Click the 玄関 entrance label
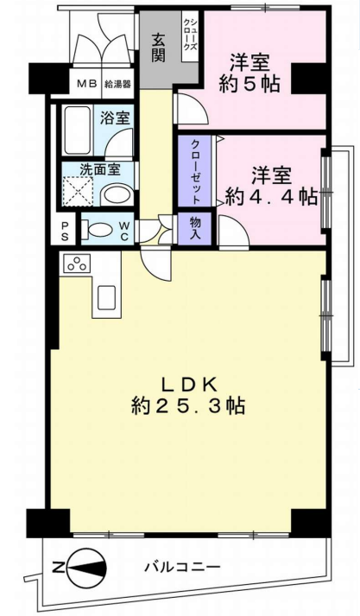pos(158,48)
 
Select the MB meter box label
pos(86,83)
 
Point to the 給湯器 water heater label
pos(117,83)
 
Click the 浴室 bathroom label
pos(115,117)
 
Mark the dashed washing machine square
pos(79,191)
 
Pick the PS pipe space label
pos(64,232)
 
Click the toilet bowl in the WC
pos(97,229)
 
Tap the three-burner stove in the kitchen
pos(77,264)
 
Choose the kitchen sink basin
pos(106,298)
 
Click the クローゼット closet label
pos(195,171)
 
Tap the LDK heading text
pos(189,384)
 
